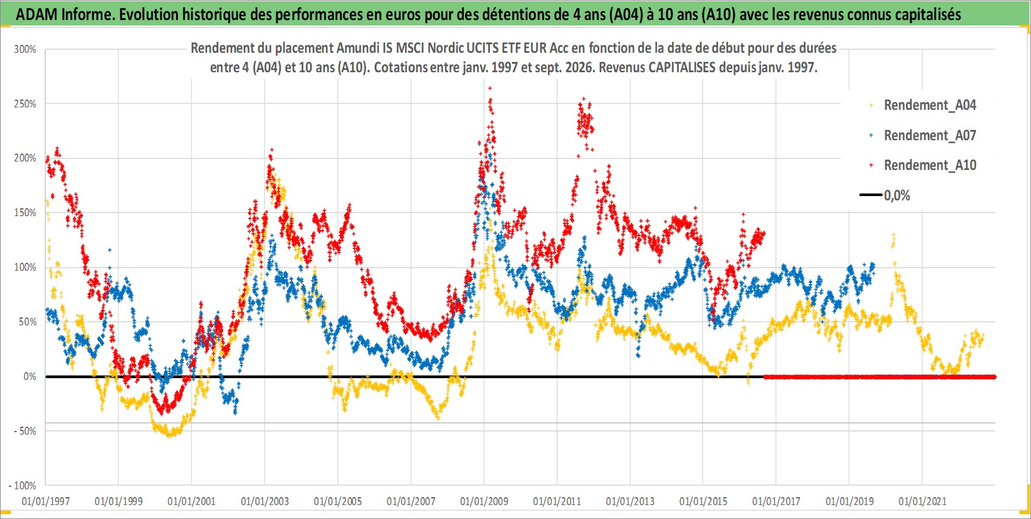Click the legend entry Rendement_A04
pos(930,106)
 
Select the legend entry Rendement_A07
pos(930,136)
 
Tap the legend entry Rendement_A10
pos(930,165)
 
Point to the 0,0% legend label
pos(897,195)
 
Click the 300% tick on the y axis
pos(25,49)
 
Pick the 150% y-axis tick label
pos(25,212)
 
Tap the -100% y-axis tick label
pos(22,486)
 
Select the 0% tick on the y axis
pos(30,376)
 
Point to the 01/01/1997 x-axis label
pos(46,501)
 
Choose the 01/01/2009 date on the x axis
pos(484,501)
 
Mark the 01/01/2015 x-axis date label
pos(703,501)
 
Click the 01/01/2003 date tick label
pos(265,501)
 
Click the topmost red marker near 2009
pos(490,88)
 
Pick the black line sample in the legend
pos(871,195)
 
